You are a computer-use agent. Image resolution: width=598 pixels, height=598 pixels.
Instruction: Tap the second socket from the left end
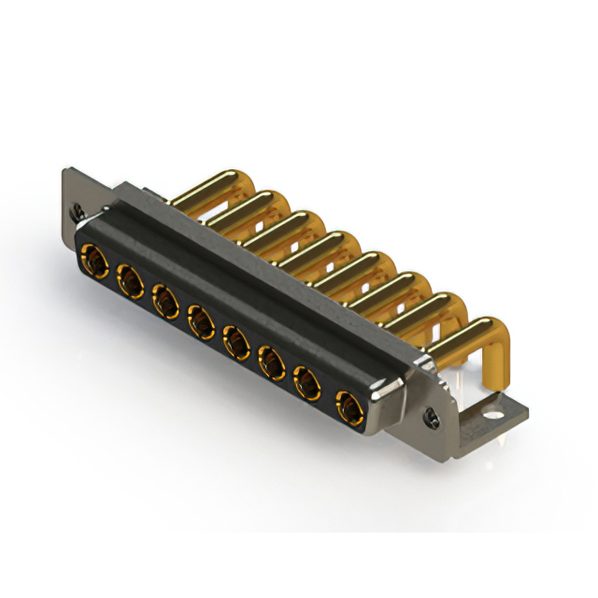tap(128, 278)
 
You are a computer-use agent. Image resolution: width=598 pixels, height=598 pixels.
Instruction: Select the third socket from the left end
tap(164, 301)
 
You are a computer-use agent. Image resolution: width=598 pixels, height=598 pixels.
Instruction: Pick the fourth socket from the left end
tap(200, 323)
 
